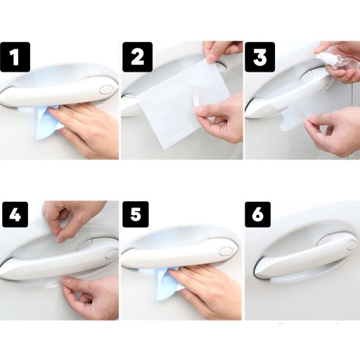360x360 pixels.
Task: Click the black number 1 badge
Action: pos(15,57)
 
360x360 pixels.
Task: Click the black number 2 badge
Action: pos(138,57)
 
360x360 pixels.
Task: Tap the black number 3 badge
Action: pos(260,57)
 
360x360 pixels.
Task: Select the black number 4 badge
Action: pos(15,214)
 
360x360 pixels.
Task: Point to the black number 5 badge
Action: pos(136,214)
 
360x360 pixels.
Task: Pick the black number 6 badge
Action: pos(258,214)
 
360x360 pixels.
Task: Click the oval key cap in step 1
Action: pos(106,90)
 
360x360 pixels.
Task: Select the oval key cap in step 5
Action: pos(226,251)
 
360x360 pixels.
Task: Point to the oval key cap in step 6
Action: pos(352,245)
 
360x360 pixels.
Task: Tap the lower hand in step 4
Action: pos(90,297)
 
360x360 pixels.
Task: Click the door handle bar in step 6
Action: pos(304,259)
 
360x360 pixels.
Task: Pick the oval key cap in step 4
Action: pos(112,255)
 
